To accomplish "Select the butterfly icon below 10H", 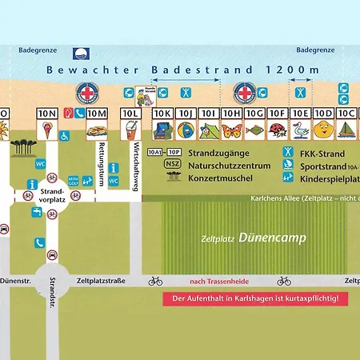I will click(232, 131).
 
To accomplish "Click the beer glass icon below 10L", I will click(130, 133).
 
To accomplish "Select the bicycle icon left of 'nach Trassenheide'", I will click(156, 281).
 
